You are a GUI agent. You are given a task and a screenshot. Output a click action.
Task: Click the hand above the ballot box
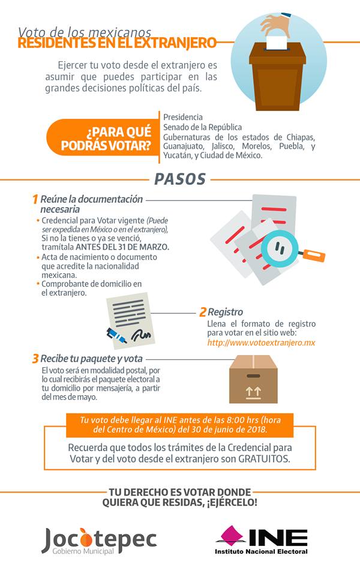coord(275,25)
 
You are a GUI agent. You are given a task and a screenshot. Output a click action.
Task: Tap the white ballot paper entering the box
coord(277,42)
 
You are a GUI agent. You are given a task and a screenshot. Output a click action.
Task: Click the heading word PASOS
coord(180,179)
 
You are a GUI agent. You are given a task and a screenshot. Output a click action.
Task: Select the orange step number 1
coord(35,199)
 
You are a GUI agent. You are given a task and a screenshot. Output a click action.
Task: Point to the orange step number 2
coord(203,312)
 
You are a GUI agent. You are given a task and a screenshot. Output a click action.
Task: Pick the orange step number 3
coord(35,359)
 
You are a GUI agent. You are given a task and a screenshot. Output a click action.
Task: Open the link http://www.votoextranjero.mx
coord(261,343)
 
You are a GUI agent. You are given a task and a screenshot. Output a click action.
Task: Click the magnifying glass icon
coord(280,245)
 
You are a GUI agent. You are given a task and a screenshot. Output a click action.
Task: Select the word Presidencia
coord(183,117)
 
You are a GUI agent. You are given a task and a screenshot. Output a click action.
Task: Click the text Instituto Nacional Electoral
coord(262,551)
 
